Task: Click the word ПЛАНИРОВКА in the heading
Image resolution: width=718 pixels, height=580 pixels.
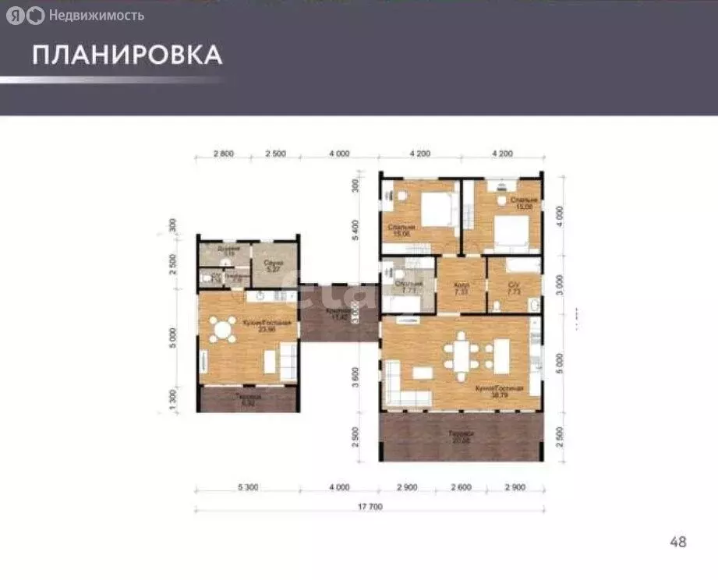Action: [x=127, y=55]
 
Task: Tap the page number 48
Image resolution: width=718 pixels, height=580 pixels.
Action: [x=677, y=542]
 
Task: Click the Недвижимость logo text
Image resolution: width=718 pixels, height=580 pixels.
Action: [x=96, y=15]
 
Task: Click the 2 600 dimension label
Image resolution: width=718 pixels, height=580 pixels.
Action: [x=461, y=487]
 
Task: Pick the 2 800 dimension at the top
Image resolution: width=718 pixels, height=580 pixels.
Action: [x=224, y=154]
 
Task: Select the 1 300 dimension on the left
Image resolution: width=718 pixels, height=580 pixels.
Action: [x=173, y=399]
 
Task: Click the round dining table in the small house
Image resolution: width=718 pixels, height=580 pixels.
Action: [x=224, y=330]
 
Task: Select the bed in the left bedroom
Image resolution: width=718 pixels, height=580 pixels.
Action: [x=436, y=210]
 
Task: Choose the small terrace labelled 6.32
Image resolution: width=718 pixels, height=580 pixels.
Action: [x=246, y=399]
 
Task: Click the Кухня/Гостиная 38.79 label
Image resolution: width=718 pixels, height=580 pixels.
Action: [x=489, y=391]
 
